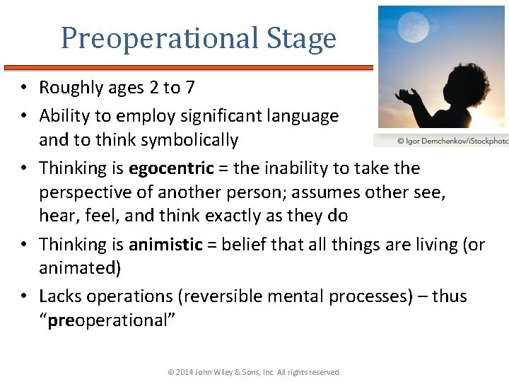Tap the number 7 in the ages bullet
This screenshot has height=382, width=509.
click(x=190, y=88)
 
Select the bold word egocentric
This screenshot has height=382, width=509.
click(x=171, y=168)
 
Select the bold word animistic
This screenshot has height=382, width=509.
click(x=165, y=245)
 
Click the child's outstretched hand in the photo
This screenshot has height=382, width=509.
click(x=409, y=94)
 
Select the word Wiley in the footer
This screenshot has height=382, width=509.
click(x=237, y=372)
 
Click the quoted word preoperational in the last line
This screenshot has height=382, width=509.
click(x=107, y=320)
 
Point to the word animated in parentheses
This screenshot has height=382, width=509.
click(x=76, y=269)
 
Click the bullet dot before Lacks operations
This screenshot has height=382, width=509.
click(x=23, y=296)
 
